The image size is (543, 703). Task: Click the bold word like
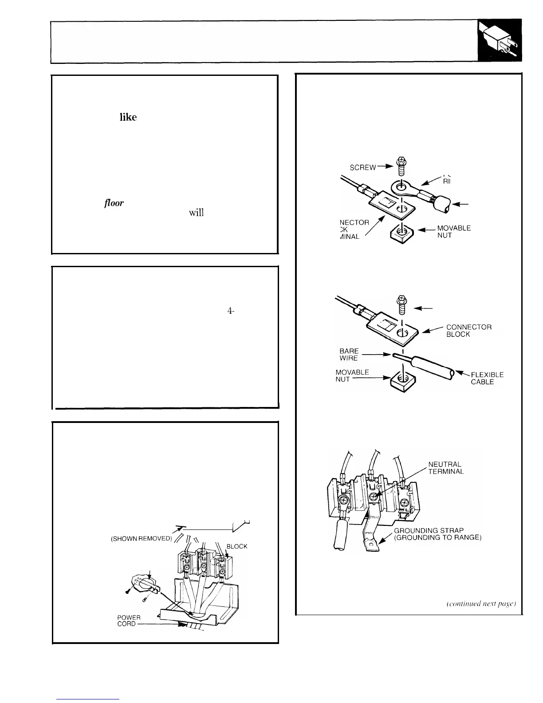[128, 117]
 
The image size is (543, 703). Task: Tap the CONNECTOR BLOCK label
[468, 331]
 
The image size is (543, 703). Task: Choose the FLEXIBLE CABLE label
[486, 378]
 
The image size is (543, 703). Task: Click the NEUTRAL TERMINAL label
[445, 468]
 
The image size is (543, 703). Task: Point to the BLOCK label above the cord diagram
[237, 546]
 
